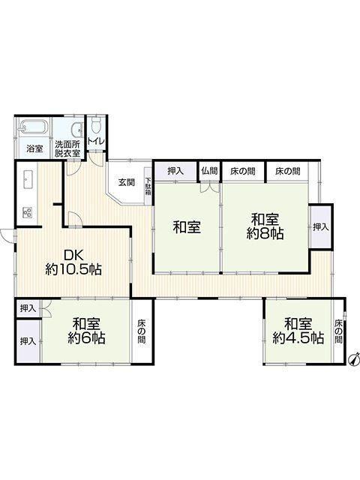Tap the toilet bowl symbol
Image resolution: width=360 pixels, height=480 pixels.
tap(97, 125)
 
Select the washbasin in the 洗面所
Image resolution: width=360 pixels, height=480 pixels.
tap(77, 130)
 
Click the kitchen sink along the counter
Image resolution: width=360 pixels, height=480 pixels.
tap(28, 178)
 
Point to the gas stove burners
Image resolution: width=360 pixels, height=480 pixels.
tap(28, 211)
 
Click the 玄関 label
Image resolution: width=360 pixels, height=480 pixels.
tap(127, 183)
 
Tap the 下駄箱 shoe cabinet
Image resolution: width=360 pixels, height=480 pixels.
tap(148, 187)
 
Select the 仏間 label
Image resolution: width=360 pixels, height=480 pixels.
tap(209, 170)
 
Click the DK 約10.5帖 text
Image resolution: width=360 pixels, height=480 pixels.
tap(73, 262)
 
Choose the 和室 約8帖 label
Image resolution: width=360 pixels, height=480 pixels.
tap(265, 226)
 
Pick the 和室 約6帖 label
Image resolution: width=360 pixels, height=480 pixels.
tap(86, 331)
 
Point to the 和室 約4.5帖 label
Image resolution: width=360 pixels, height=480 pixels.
tap(298, 331)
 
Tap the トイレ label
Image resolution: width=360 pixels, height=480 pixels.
tap(97, 142)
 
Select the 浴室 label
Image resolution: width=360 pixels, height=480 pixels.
tap(34, 149)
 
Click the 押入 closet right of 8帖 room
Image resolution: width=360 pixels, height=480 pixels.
tap(320, 226)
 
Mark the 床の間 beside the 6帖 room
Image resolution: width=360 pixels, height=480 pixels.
tap(142, 331)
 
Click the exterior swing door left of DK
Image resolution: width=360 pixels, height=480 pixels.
tap(7, 235)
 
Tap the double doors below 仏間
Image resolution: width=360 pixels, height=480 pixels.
tap(210, 187)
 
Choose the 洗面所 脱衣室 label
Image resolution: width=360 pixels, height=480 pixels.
tap(67, 148)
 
